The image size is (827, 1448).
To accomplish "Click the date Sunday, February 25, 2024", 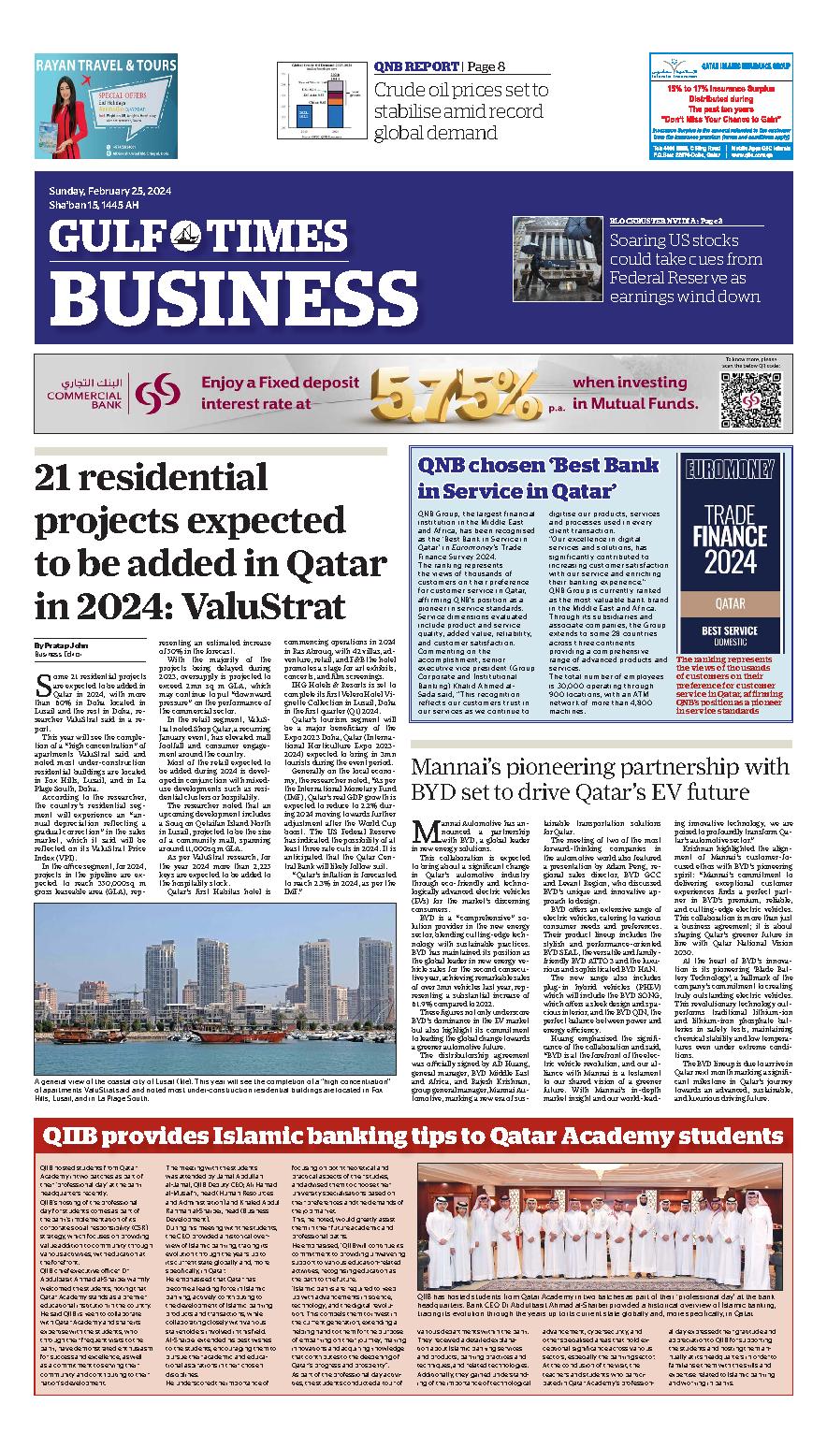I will point(110,194).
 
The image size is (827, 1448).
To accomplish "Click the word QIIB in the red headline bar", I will point(77,1137).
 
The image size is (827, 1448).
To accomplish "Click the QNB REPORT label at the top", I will point(414,66).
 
